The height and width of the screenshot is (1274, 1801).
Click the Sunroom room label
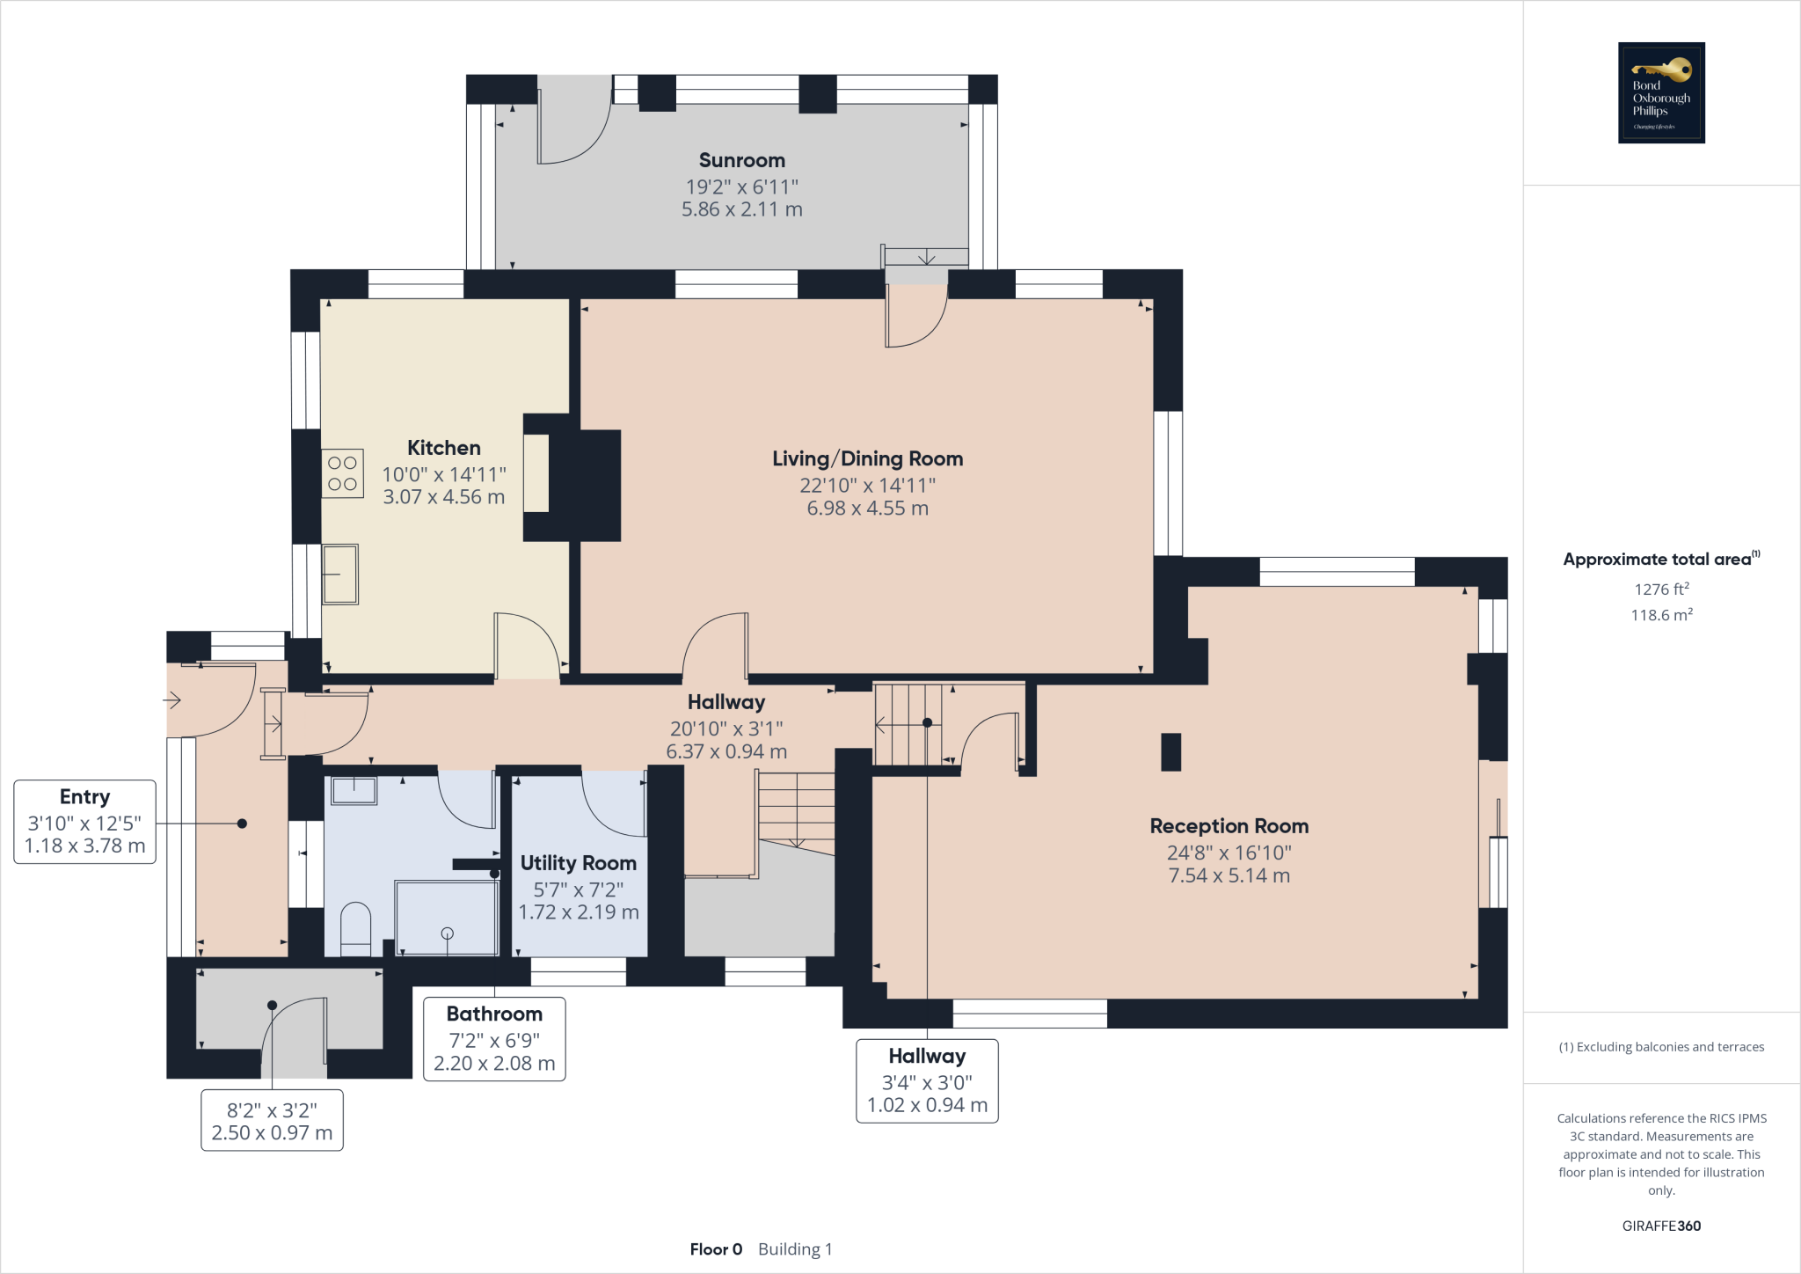click(x=741, y=160)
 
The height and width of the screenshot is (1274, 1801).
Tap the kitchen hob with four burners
click(x=342, y=473)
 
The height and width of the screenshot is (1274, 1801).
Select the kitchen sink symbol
click(x=339, y=574)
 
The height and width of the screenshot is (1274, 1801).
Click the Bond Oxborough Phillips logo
click(x=1661, y=92)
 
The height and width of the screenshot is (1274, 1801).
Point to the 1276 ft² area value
click(x=1661, y=589)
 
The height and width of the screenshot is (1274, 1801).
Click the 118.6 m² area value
click(x=1661, y=615)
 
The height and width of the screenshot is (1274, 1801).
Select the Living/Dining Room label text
click(x=867, y=458)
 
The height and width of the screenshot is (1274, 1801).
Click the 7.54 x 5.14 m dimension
click(x=1229, y=875)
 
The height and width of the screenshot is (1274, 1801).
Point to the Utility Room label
click(x=578, y=863)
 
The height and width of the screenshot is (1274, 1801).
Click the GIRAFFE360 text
click(x=1661, y=1226)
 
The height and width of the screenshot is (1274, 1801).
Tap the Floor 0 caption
click(x=716, y=1249)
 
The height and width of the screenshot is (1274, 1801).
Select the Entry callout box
click(x=84, y=822)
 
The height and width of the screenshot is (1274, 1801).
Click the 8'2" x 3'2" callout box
click(x=272, y=1121)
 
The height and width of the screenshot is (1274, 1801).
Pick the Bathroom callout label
click(x=494, y=1014)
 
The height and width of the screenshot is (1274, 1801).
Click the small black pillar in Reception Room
click(x=1170, y=752)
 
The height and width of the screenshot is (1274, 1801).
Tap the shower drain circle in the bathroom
click(x=447, y=934)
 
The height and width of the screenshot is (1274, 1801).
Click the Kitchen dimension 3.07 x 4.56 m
click(x=443, y=497)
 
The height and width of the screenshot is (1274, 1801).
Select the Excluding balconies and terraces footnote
click(x=1661, y=1047)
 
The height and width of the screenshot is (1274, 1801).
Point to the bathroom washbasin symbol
click(x=354, y=790)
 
